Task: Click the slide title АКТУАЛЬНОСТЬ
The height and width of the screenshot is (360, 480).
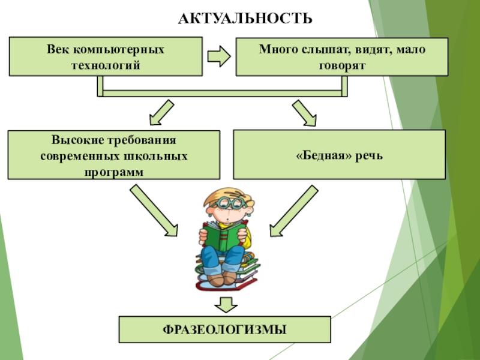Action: tap(245, 19)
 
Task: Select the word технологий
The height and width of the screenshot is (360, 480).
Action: tap(106, 64)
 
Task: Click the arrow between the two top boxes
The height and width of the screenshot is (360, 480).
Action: tap(219, 57)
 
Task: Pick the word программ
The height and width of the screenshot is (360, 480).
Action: tap(114, 171)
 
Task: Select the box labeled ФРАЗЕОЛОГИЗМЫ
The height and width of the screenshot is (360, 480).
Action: tap(225, 329)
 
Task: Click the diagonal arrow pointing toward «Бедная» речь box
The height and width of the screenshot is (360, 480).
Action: tap(304, 114)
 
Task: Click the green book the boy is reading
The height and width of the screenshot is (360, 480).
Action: tap(223, 237)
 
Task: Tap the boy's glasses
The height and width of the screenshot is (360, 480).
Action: tap(230, 205)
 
